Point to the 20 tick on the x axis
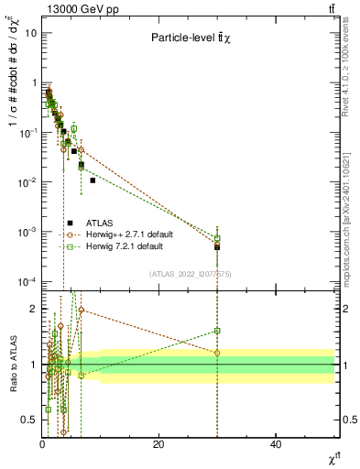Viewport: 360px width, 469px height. click(158, 445)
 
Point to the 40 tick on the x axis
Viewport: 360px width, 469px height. click(276, 445)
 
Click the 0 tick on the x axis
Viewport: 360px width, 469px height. click(42, 445)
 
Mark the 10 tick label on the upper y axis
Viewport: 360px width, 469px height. click(30, 32)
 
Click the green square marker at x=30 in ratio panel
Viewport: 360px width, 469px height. click(217, 331)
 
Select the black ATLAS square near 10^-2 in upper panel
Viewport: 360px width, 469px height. click(93, 180)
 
